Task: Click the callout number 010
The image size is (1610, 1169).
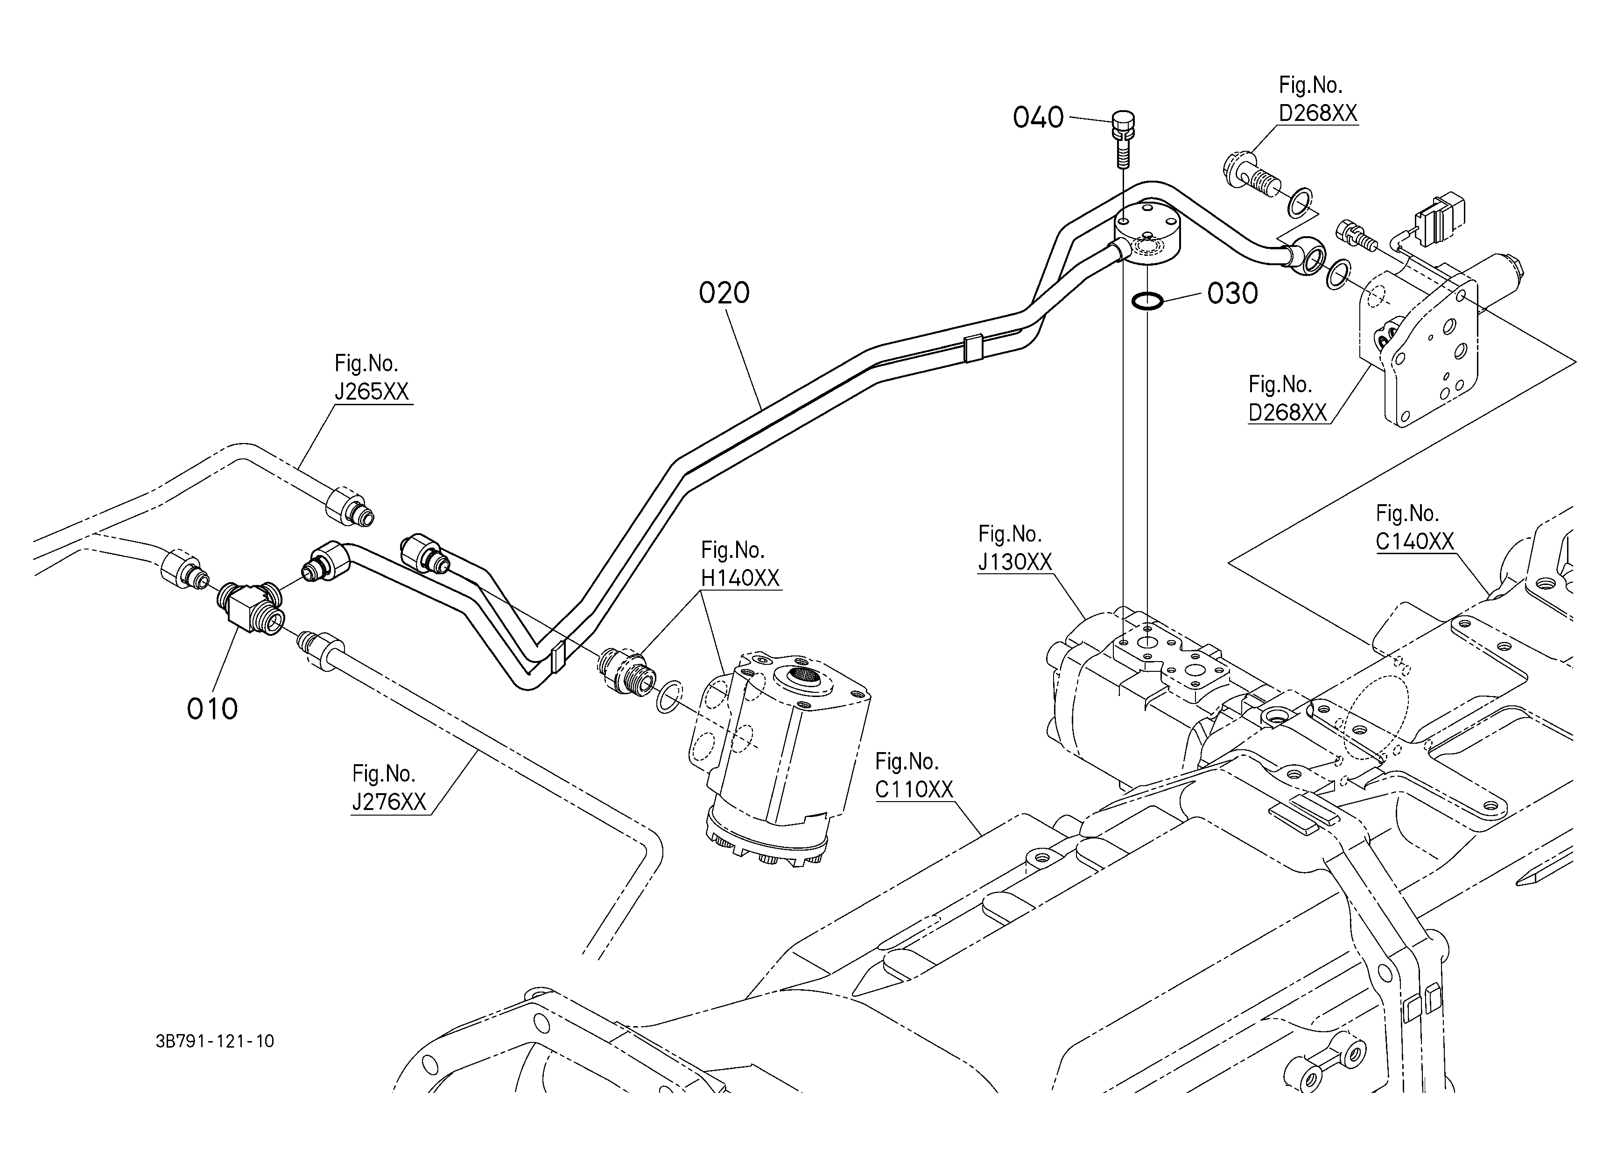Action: (212, 708)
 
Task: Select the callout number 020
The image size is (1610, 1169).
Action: (724, 292)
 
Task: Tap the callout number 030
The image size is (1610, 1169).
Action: (1233, 293)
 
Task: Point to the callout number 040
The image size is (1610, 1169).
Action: (1038, 117)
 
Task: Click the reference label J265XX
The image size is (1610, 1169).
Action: (372, 392)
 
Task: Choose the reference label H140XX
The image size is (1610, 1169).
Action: (740, 578)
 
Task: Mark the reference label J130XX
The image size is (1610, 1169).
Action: (1014, 562)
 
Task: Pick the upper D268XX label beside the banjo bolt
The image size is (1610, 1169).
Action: (1318, 113)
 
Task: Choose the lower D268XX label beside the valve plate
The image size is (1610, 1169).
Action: (1288, 412)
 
